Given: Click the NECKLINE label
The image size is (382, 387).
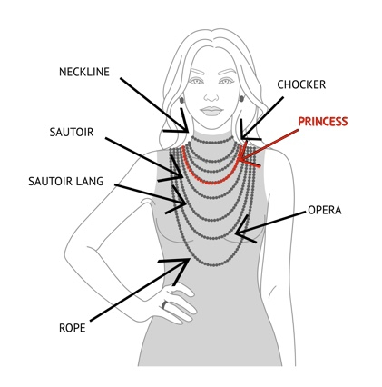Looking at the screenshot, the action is (x=84, y=72).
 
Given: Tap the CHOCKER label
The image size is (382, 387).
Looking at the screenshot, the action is (x=301, y=84).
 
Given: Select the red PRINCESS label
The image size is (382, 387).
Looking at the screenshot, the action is (x=323, y=122).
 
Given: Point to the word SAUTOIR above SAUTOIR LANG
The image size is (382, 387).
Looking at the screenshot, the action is (x=72, y=133).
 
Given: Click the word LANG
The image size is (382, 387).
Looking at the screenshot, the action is (x=89, y=182).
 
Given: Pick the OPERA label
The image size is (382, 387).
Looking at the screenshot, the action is (x=325, y=210).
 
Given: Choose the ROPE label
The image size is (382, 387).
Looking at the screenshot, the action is (x=73, y=328).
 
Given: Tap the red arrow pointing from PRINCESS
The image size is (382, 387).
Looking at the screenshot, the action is (x=269, y=144).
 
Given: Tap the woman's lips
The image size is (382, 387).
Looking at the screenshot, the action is (x=211, y=111).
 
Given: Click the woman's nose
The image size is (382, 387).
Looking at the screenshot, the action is (x=211, y=96).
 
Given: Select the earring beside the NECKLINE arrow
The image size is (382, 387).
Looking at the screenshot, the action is (x=181, y=100).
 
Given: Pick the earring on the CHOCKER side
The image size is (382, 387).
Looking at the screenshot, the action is (x=242, y=98).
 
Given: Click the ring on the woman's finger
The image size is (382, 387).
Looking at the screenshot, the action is (x=165, y=304).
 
